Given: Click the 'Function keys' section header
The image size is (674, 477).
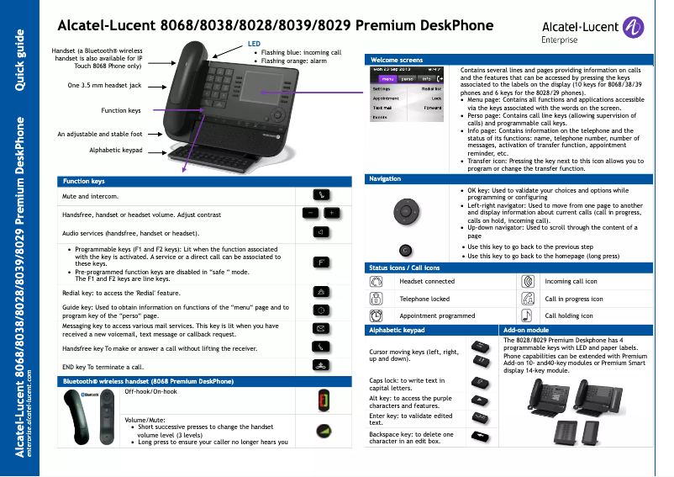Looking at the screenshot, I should tap(84, 182).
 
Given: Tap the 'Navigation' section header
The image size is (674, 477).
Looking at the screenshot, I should tap(386, 179).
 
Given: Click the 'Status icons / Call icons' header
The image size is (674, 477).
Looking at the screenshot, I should tap(404, 268).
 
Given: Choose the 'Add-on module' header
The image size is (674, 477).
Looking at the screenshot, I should tap(525, 331).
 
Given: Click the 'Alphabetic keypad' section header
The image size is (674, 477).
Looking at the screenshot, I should tap(397, 331).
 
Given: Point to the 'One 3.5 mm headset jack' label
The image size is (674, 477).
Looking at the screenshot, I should tap(104, 86).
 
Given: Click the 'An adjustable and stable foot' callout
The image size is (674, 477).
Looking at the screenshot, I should tap(99, 134).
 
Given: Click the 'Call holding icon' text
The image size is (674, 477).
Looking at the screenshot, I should tap(568, 315).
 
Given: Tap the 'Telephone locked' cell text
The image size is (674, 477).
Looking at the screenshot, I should tap(425, 299).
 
